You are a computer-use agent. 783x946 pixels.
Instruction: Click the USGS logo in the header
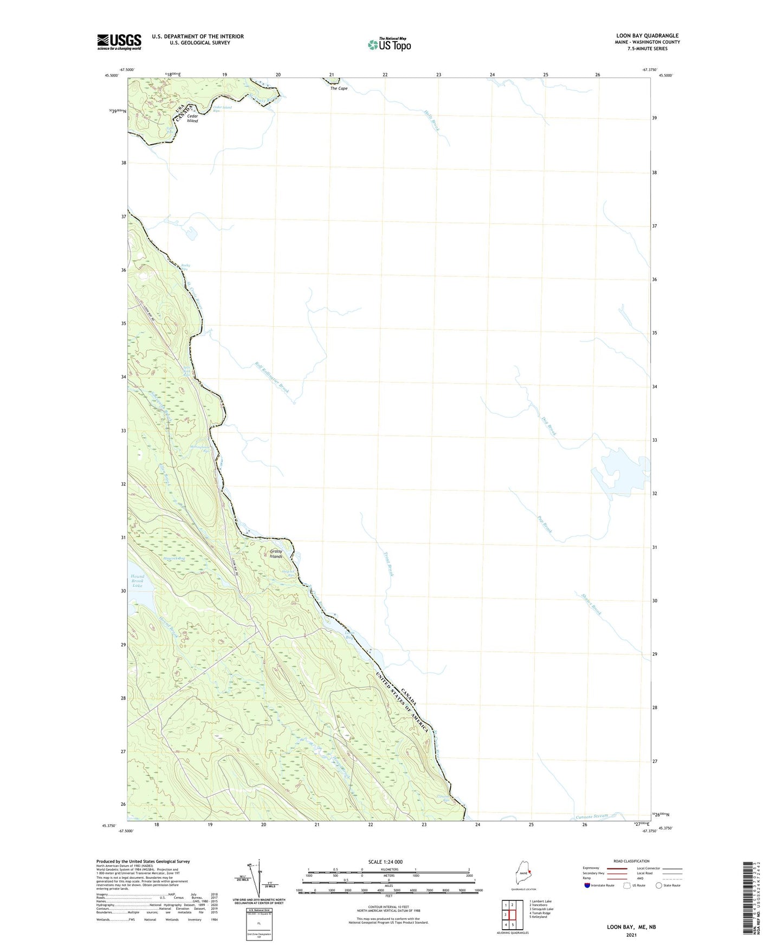pos(119,42)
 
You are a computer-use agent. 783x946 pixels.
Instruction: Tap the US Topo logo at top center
pos(389,44)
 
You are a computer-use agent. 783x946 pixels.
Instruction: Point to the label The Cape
pos(339,88)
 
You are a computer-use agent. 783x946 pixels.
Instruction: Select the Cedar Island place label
pos(192,118)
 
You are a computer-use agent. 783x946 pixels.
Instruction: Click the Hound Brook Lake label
pos(137,581)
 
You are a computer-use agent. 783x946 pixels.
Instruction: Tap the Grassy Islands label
pos(276,554)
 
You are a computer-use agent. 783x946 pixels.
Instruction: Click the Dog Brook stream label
pos(549,425)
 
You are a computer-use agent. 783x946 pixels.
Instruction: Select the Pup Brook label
pos(545,523)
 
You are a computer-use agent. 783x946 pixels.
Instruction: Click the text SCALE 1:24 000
pos(385,862)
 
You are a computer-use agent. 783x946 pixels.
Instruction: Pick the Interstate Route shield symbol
pos(587,885)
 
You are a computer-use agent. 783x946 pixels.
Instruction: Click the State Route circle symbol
pos(658,885)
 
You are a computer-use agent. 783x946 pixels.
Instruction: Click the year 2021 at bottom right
pos(631,935)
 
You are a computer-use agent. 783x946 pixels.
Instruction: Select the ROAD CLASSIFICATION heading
pos(631,861)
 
